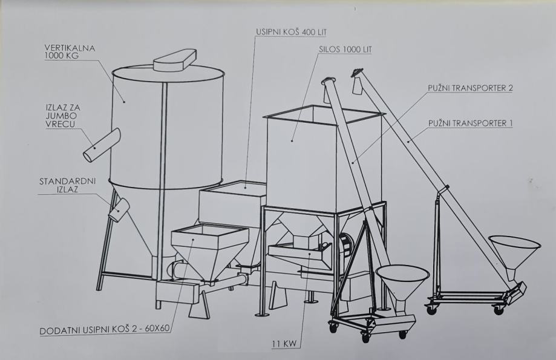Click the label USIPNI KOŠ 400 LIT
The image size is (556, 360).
292,32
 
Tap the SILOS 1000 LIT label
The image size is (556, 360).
345,49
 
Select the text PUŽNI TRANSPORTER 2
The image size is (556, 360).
470,88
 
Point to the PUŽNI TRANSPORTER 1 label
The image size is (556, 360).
470,123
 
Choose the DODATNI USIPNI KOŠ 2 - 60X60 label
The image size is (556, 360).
105,330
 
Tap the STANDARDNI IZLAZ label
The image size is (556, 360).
67,185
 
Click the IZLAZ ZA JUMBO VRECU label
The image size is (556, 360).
63,116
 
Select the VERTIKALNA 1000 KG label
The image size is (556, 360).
70,51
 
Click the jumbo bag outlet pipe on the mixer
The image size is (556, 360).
102,145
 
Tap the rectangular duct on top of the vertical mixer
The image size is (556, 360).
175,61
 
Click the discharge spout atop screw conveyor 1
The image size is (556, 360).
356,82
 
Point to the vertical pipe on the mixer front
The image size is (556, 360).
163,170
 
